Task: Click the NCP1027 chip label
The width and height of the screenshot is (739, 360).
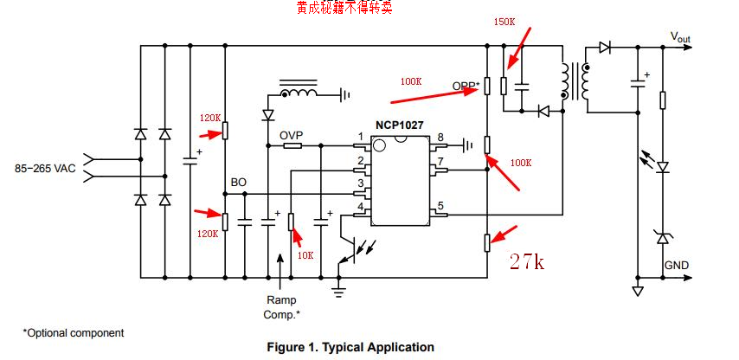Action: (399, 125)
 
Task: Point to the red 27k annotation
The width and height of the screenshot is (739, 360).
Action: (527, 261)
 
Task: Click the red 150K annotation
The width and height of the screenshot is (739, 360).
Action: (504, 22)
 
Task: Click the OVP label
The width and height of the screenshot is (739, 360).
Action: (291, 136)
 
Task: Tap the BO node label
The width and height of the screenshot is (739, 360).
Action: (238, 183)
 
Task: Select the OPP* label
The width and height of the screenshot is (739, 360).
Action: (466, 86)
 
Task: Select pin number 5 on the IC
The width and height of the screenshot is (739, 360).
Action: (440, 206)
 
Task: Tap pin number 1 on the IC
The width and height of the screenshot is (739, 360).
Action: (360, 137)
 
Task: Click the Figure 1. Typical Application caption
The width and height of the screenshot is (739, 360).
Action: (350, 347)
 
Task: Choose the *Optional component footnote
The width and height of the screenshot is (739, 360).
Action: (73, 332)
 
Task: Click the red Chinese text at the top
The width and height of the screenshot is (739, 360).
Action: (344, 8)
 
